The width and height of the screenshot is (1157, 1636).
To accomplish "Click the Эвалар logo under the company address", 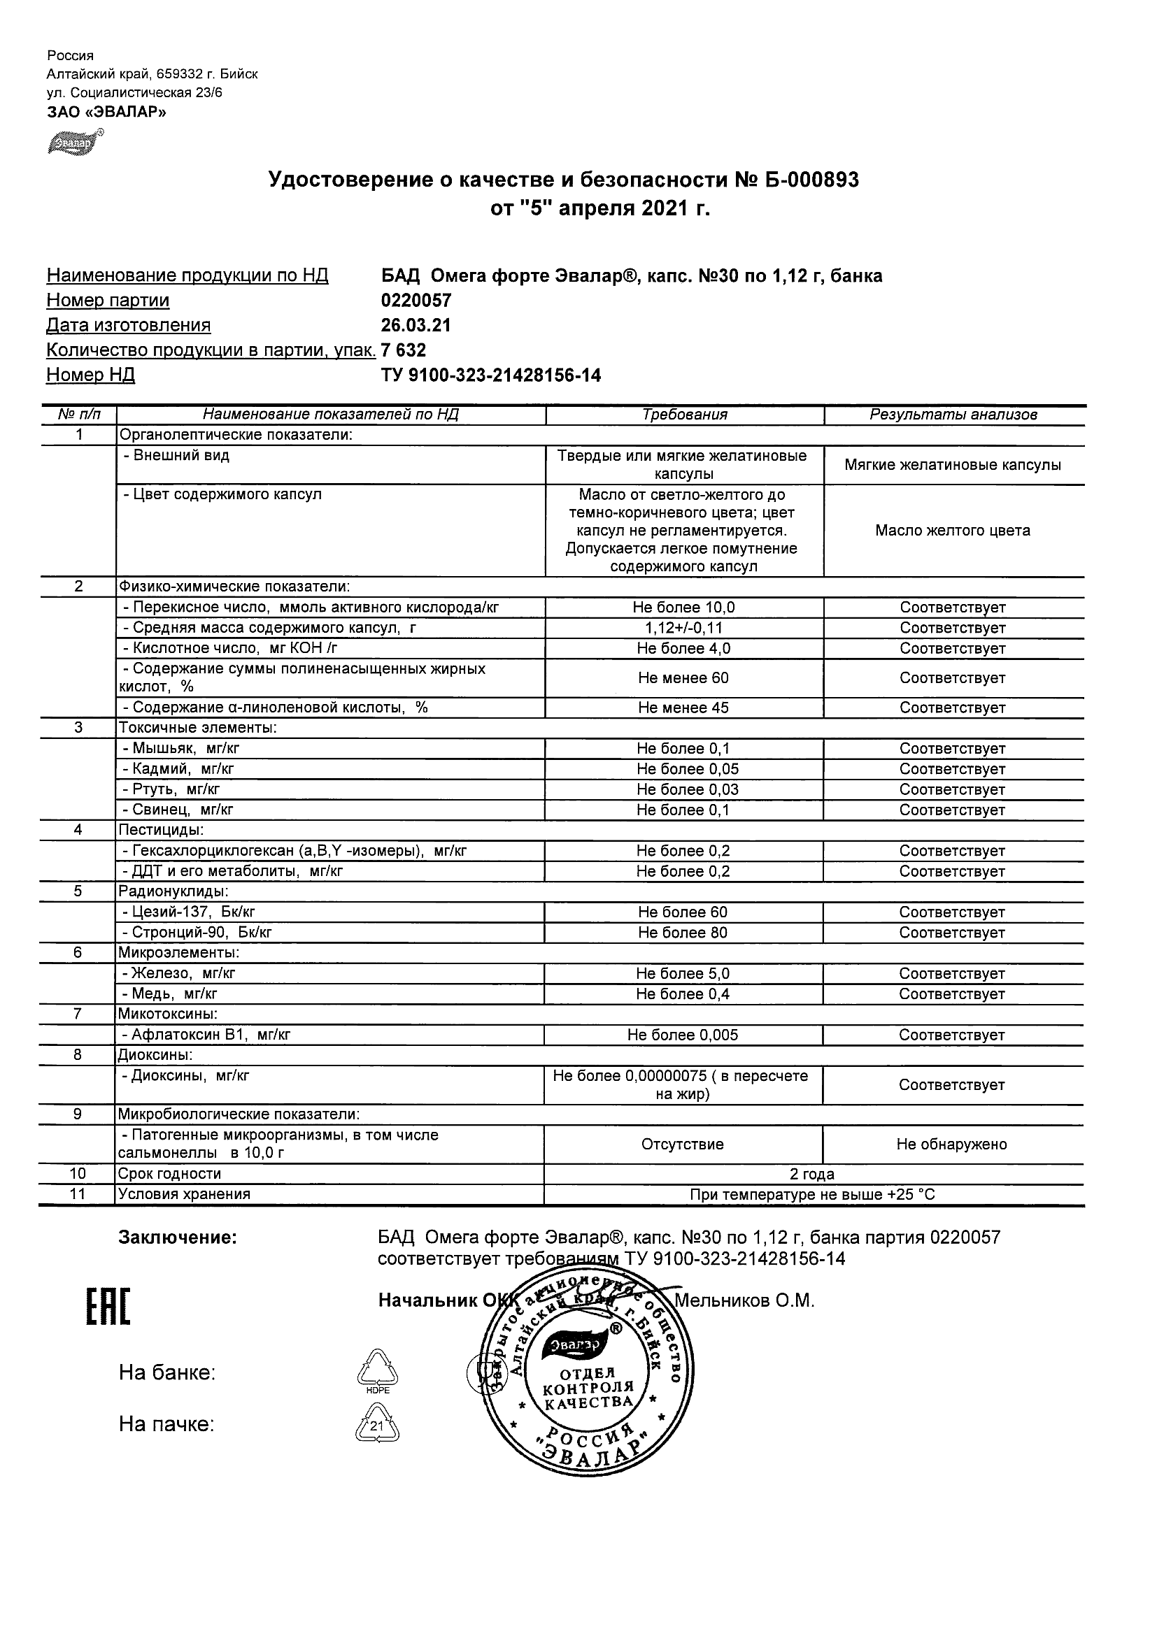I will pos(74,142).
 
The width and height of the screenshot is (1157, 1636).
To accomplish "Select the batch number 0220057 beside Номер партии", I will pos(416,301).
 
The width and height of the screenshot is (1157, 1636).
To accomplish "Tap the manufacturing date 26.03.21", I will pos(416,326).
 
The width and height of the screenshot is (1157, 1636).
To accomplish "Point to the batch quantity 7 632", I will pos(404,350).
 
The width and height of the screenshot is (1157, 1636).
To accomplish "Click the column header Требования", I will pos(684,415).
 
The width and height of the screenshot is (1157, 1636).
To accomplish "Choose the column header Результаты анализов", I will pos(953,415).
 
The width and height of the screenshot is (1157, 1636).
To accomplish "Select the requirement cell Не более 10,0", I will pos(683,608).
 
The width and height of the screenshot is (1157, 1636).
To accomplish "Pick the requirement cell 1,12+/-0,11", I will pos(683,628).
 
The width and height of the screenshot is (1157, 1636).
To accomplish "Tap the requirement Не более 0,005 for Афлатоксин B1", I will pos(683,1035).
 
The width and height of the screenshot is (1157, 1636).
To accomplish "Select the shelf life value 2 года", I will pos(812,1175).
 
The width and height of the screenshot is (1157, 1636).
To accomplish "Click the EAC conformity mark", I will pos(108,1308).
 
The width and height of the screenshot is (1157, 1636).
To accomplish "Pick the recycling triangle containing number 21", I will pos(377,1425).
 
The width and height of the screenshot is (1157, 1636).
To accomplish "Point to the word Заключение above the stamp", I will pos(178,1237).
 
